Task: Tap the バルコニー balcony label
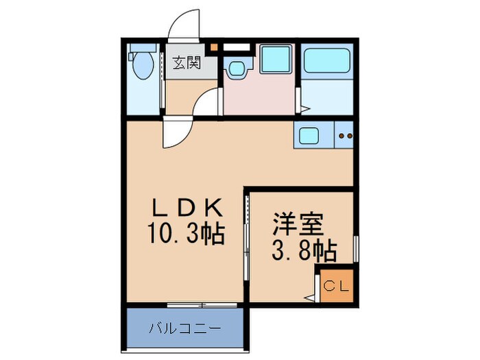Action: click(x=186, y=328)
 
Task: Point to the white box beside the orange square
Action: click(x=235, y=48)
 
